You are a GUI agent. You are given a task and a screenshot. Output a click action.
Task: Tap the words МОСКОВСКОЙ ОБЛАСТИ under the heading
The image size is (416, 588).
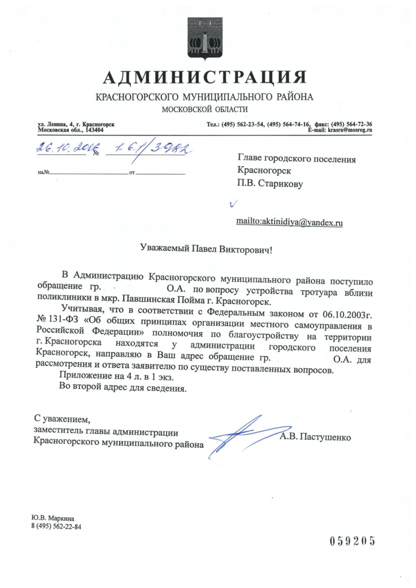pos(205,109)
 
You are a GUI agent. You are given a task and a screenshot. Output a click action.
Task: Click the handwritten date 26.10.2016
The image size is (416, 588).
pos(60,148)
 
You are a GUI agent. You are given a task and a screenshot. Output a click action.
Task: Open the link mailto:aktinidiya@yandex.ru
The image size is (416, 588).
pos(290,221)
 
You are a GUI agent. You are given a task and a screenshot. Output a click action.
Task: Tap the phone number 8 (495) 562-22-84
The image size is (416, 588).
pos(56,525)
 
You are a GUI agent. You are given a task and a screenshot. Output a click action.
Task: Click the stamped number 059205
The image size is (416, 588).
pos(352,540)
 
